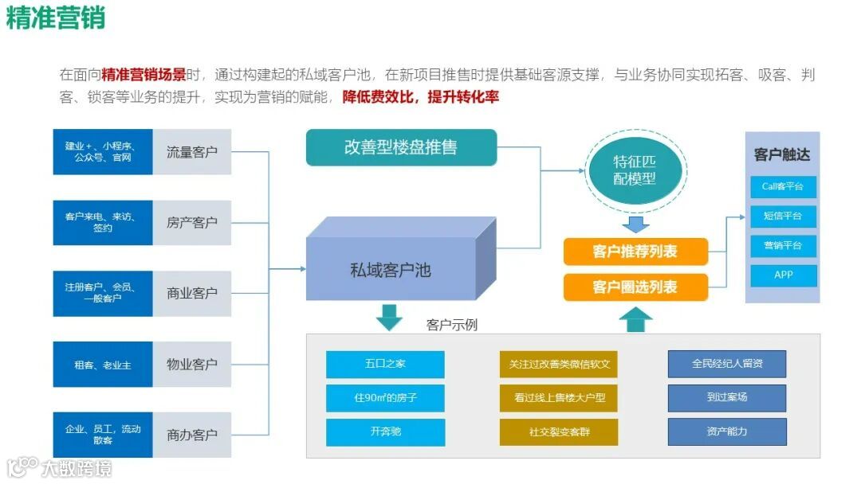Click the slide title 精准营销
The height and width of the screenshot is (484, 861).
(x=56, y=18)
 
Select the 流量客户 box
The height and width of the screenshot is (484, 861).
(x=192, y=152)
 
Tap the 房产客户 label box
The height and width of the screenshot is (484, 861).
(x=192, y=223)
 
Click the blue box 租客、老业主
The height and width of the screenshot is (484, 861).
(x=103, y=365)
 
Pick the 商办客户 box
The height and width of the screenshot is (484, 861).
(x=192, y=435)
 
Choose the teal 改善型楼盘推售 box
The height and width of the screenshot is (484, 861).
(x=401, y=147)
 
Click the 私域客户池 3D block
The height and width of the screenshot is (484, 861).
(x=391, y=271)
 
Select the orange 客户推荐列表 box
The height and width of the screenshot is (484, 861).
(x=635, y=252)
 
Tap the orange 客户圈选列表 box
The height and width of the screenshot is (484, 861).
(x=635, y=287)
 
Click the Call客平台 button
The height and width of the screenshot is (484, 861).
(x=783, y=187)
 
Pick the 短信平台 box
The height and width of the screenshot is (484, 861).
(x=783, y=216)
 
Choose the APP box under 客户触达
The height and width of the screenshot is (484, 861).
(x=783, y=275)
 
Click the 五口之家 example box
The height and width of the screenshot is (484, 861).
(x=385, y=364)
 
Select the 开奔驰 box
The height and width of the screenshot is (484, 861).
(x=385, y=432)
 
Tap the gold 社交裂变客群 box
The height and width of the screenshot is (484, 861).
(x=559, y=432)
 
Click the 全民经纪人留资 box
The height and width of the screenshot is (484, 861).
(x=726, y=364)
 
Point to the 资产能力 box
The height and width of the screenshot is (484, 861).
(x=726, y=432)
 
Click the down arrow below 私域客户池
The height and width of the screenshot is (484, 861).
(x=389, y=317)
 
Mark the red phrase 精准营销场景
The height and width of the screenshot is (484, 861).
(x=143, y=75)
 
